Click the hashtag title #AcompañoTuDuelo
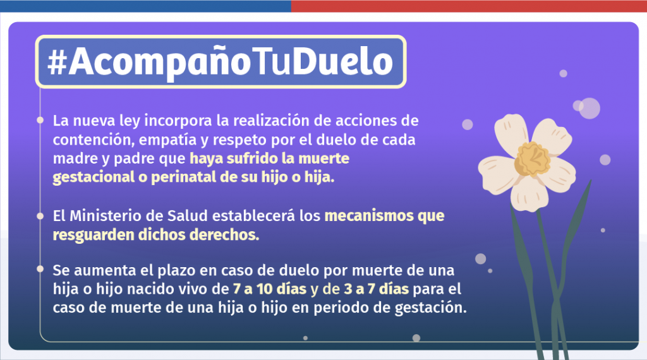(x=221, y=62)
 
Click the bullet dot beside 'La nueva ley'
(x=40, y=119)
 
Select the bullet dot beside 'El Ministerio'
(x=40, y=216)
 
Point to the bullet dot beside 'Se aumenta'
(x=40, y=270)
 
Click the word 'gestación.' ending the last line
(x=436, y=309)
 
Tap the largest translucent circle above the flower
(x=589, y=108)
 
